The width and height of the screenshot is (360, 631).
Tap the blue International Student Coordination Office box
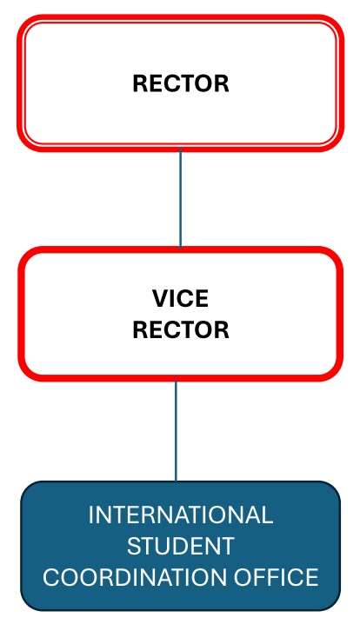(180, 546)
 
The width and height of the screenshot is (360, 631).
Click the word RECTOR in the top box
(181, 83)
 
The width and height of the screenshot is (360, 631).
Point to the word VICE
(180, 298)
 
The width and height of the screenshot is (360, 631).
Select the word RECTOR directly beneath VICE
(181, 330)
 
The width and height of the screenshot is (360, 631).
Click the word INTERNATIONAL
(180, 515)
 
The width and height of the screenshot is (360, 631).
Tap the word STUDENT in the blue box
(180, 546)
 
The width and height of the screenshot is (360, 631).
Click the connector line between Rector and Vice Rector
(180, 199)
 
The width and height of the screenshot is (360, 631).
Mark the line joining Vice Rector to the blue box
(176, 430)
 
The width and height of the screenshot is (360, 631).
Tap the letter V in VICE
(160, 298)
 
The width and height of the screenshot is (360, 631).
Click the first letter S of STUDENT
(134, 546)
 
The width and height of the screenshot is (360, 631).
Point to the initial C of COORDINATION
(50, 577)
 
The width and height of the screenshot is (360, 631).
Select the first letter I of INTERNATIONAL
(90, 515)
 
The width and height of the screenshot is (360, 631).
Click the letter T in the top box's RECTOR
(188, 83)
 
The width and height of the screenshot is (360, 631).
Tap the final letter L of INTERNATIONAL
(267, 515)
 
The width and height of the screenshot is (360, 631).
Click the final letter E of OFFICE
(312, 577)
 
